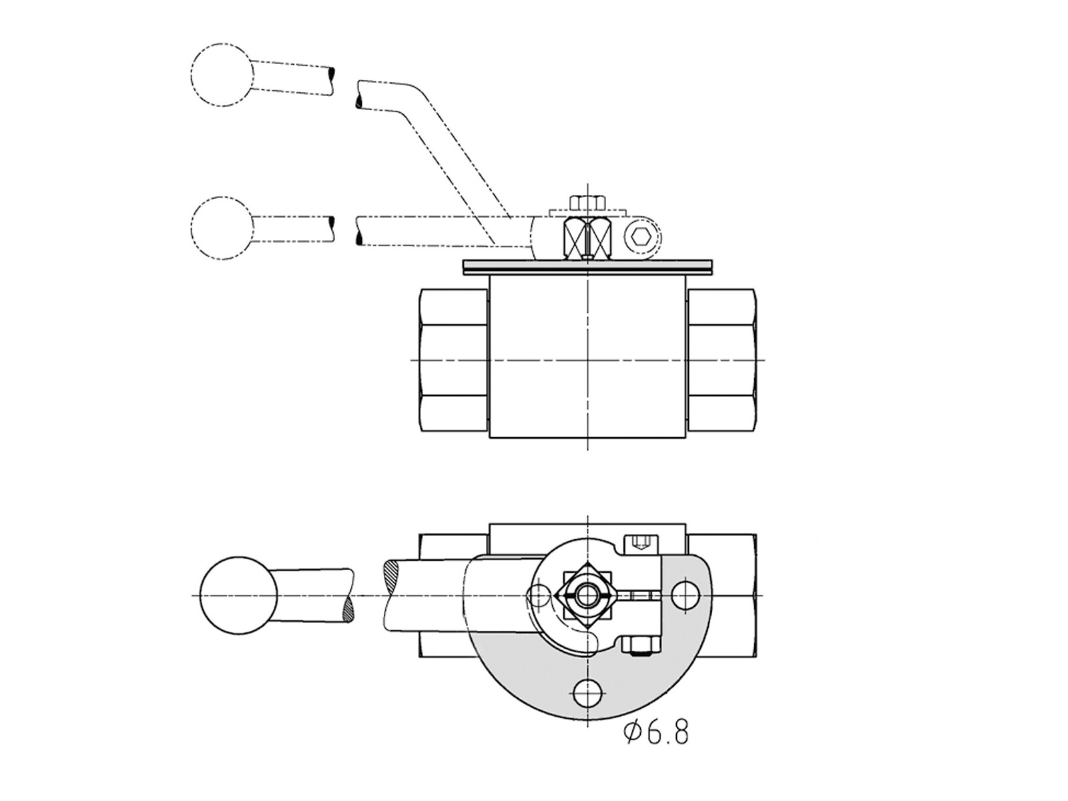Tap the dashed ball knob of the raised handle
pyautogui.click(x=222, y=75)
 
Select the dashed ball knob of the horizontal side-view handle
pyautogui.click(x=222, y=228)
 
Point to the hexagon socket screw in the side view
pyautogui.click(x=642, y=238)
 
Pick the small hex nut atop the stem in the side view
pyautogui.click(x=588, y=202)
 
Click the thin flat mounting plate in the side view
pyautogui.click(x=588, y=267)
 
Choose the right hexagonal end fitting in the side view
pyautogui.click(x=722, y=360)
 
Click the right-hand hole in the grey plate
pyautogui.click(x=685, y=595)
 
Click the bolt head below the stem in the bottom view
pyautogui.click(x=641, y=645)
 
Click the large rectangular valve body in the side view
pyautogui.click(x=588, y=356)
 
